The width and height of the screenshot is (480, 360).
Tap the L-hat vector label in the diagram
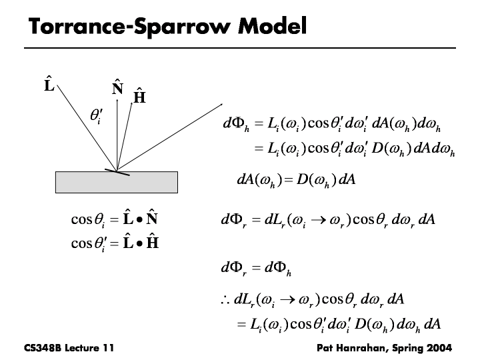[x=49, y=85]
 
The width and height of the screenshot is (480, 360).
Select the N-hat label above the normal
[x=117, y=88]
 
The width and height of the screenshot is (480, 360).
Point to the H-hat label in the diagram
[x=139, y=97]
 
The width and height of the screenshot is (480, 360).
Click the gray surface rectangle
[x=117, y=182]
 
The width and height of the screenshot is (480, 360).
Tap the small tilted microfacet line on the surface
[x=117, y=172]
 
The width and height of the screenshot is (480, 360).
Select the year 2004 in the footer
[x=437, y=347]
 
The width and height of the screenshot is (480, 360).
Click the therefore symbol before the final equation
[x=225, y=298]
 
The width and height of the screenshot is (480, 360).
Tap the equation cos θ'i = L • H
[x=114, y=241]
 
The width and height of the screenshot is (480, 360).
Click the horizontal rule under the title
[x=239, y=48]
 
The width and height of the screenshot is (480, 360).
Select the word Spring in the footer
[x=402, y=347]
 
